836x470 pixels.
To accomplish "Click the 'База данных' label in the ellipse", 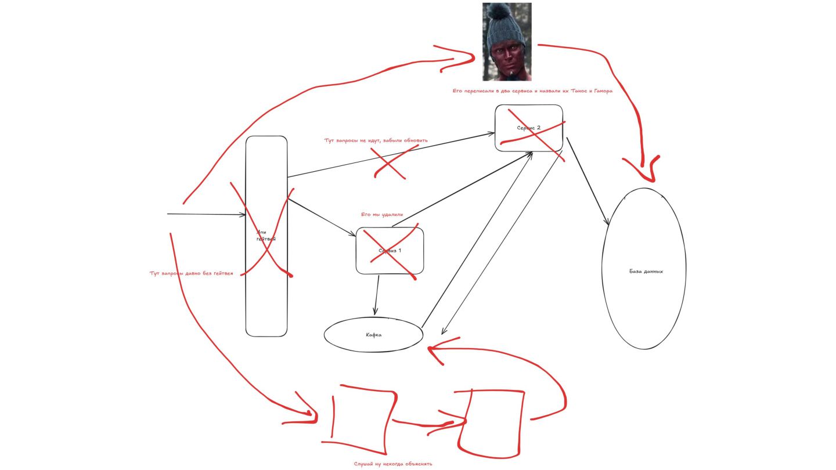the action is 646,271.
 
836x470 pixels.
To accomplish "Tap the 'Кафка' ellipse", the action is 373,335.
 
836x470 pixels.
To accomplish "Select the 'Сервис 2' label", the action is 529,128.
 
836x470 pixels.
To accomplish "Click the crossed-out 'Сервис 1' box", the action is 390,251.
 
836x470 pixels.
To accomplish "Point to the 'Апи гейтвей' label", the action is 266,236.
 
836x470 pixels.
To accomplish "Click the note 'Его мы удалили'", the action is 381,214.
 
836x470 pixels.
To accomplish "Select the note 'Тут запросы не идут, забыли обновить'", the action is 376,140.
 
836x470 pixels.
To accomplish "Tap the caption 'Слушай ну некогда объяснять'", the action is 392,464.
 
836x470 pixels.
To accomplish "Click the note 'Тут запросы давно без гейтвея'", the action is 191,273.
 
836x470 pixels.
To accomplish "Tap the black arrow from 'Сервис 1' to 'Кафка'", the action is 377,295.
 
